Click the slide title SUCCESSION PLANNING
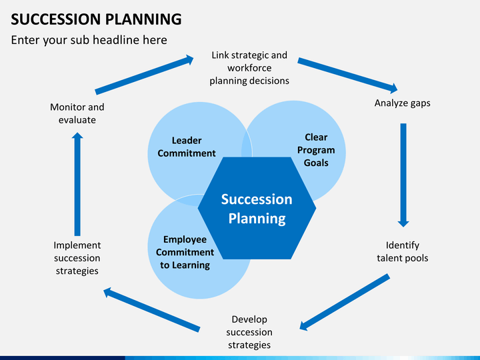tap(96, 19)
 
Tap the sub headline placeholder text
tap(89, 40)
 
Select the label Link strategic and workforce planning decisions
tap(249, 67)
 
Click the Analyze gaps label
tap(402, 103)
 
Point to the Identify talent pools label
tap(402, 251)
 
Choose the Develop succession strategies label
tap(249, 332)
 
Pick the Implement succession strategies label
tap(77, 258)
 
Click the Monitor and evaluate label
tap(77, 113)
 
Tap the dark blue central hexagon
tap(257, 208)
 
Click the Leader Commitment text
tap(187, 147)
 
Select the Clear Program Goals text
tap(316, 150)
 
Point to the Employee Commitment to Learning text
tap(185, 252)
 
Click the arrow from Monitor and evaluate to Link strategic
tap(144, 75)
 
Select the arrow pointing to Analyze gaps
tap(347, 75)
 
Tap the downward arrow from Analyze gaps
tap(403, 175)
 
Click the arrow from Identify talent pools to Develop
tap(345, 302)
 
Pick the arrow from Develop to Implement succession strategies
tap(152, 310)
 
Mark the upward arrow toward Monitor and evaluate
tap(77, 184)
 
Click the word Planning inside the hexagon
tap(257, 219)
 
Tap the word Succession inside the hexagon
tap(257, 199)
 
